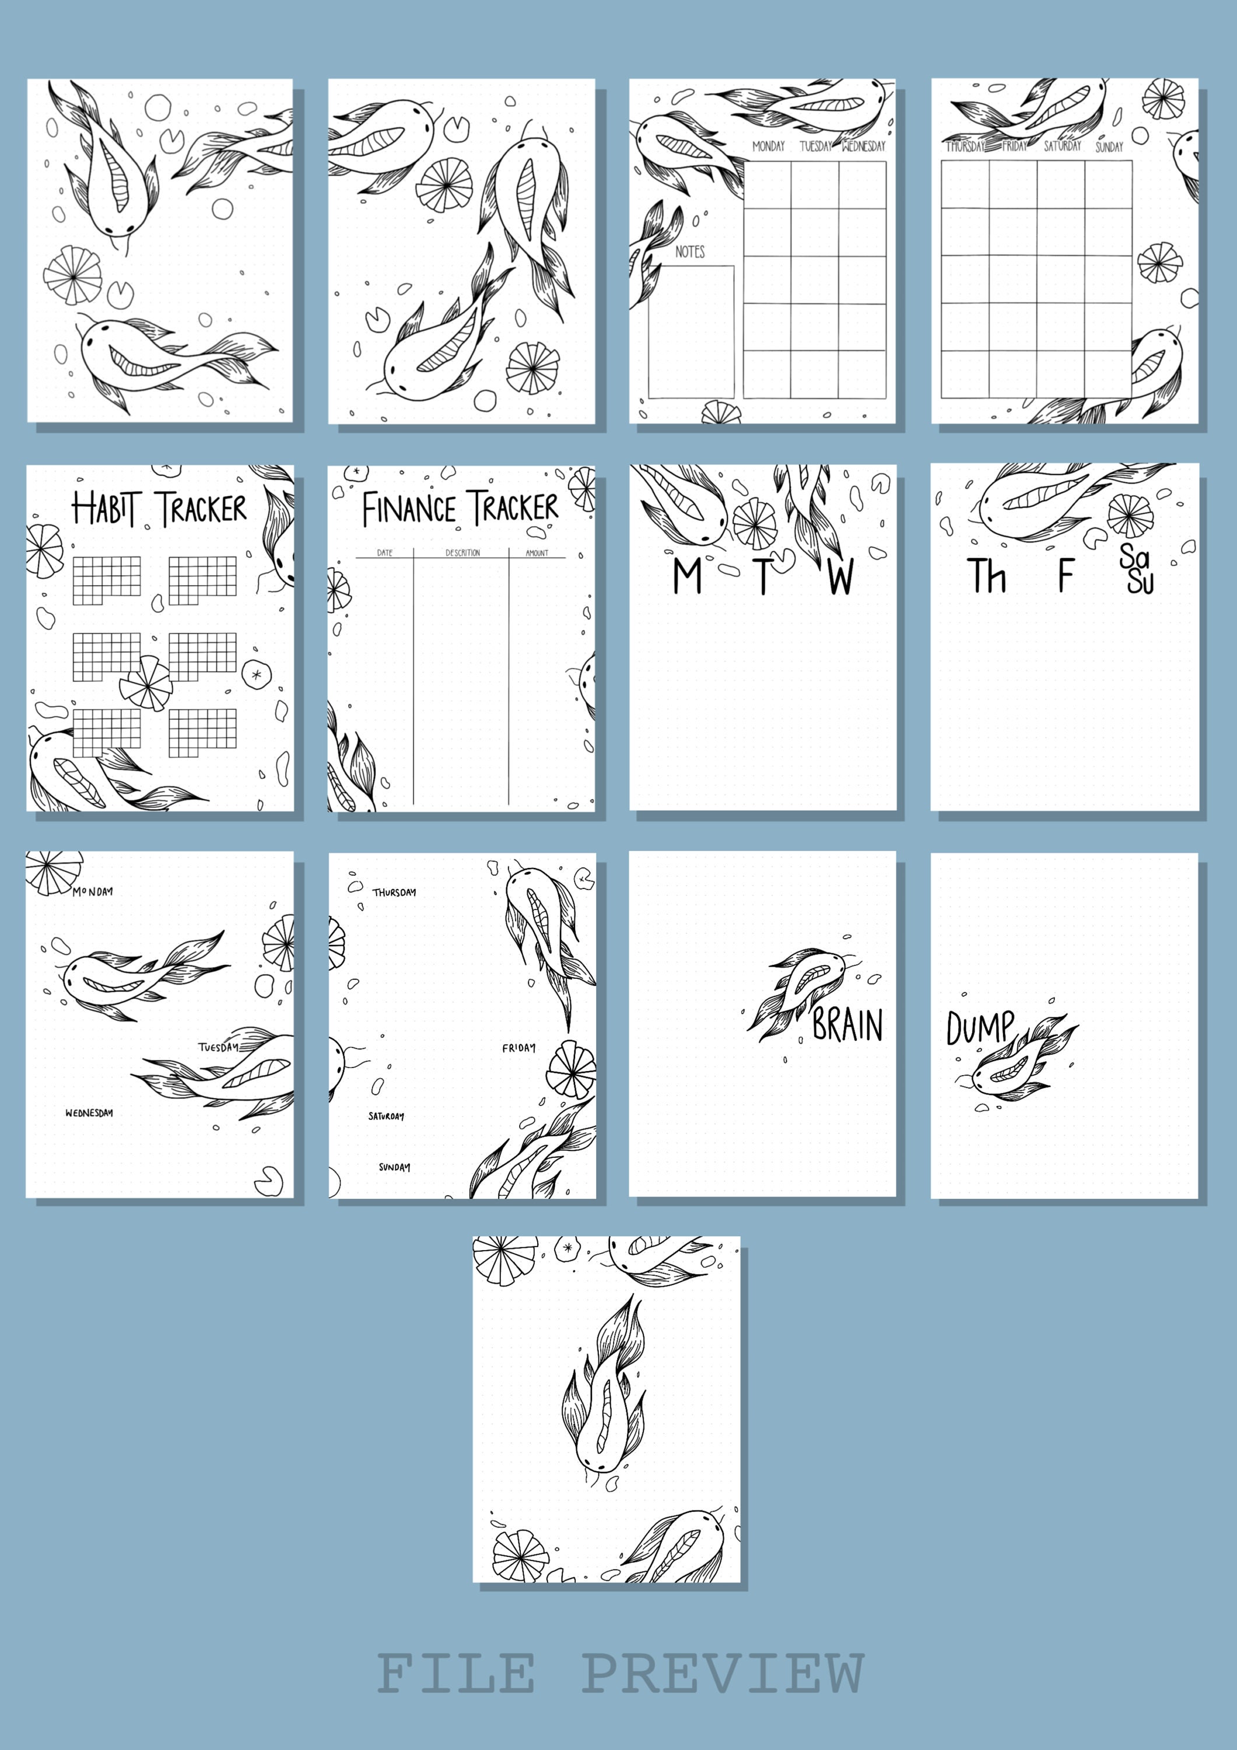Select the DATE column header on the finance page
click(385, 552)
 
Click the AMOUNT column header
click(537, 552)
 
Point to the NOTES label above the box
click(690, 251)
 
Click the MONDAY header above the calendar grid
click(768, 146)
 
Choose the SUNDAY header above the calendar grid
click(1109, 146)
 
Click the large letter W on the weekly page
click(840, 577)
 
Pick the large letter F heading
click(1066, 575)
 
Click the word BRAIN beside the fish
click(847, 1024)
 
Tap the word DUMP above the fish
click(980, 1028)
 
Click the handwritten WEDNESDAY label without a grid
click(89, 1113)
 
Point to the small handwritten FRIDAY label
click(518, 1048)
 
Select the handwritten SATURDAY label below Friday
click(387, 1116)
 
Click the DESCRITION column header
click(462, 552)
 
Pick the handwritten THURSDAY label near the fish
click(394, 892)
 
